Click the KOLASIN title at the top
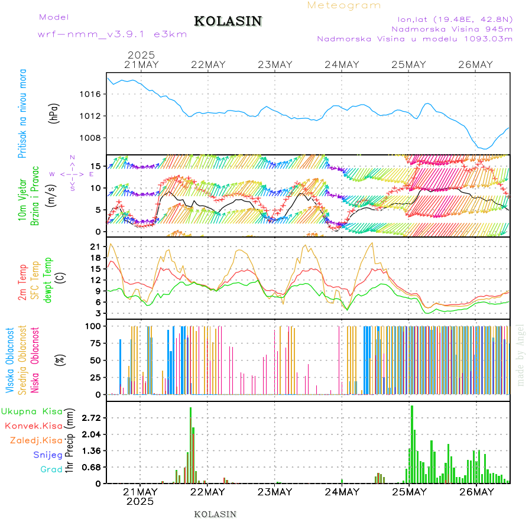pos(228,21)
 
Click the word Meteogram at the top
pos(344,5)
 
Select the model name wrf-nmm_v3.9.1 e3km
pos(112,34)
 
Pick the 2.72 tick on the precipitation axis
pos(90,418)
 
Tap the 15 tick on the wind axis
pos(95,166)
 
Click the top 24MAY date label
pos(342,65)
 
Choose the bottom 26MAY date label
pos(476,492)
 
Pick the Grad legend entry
pos(51,469)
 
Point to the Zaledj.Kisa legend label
pos(37,440)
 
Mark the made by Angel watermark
pos(521,355)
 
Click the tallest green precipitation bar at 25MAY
pos(412,443)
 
